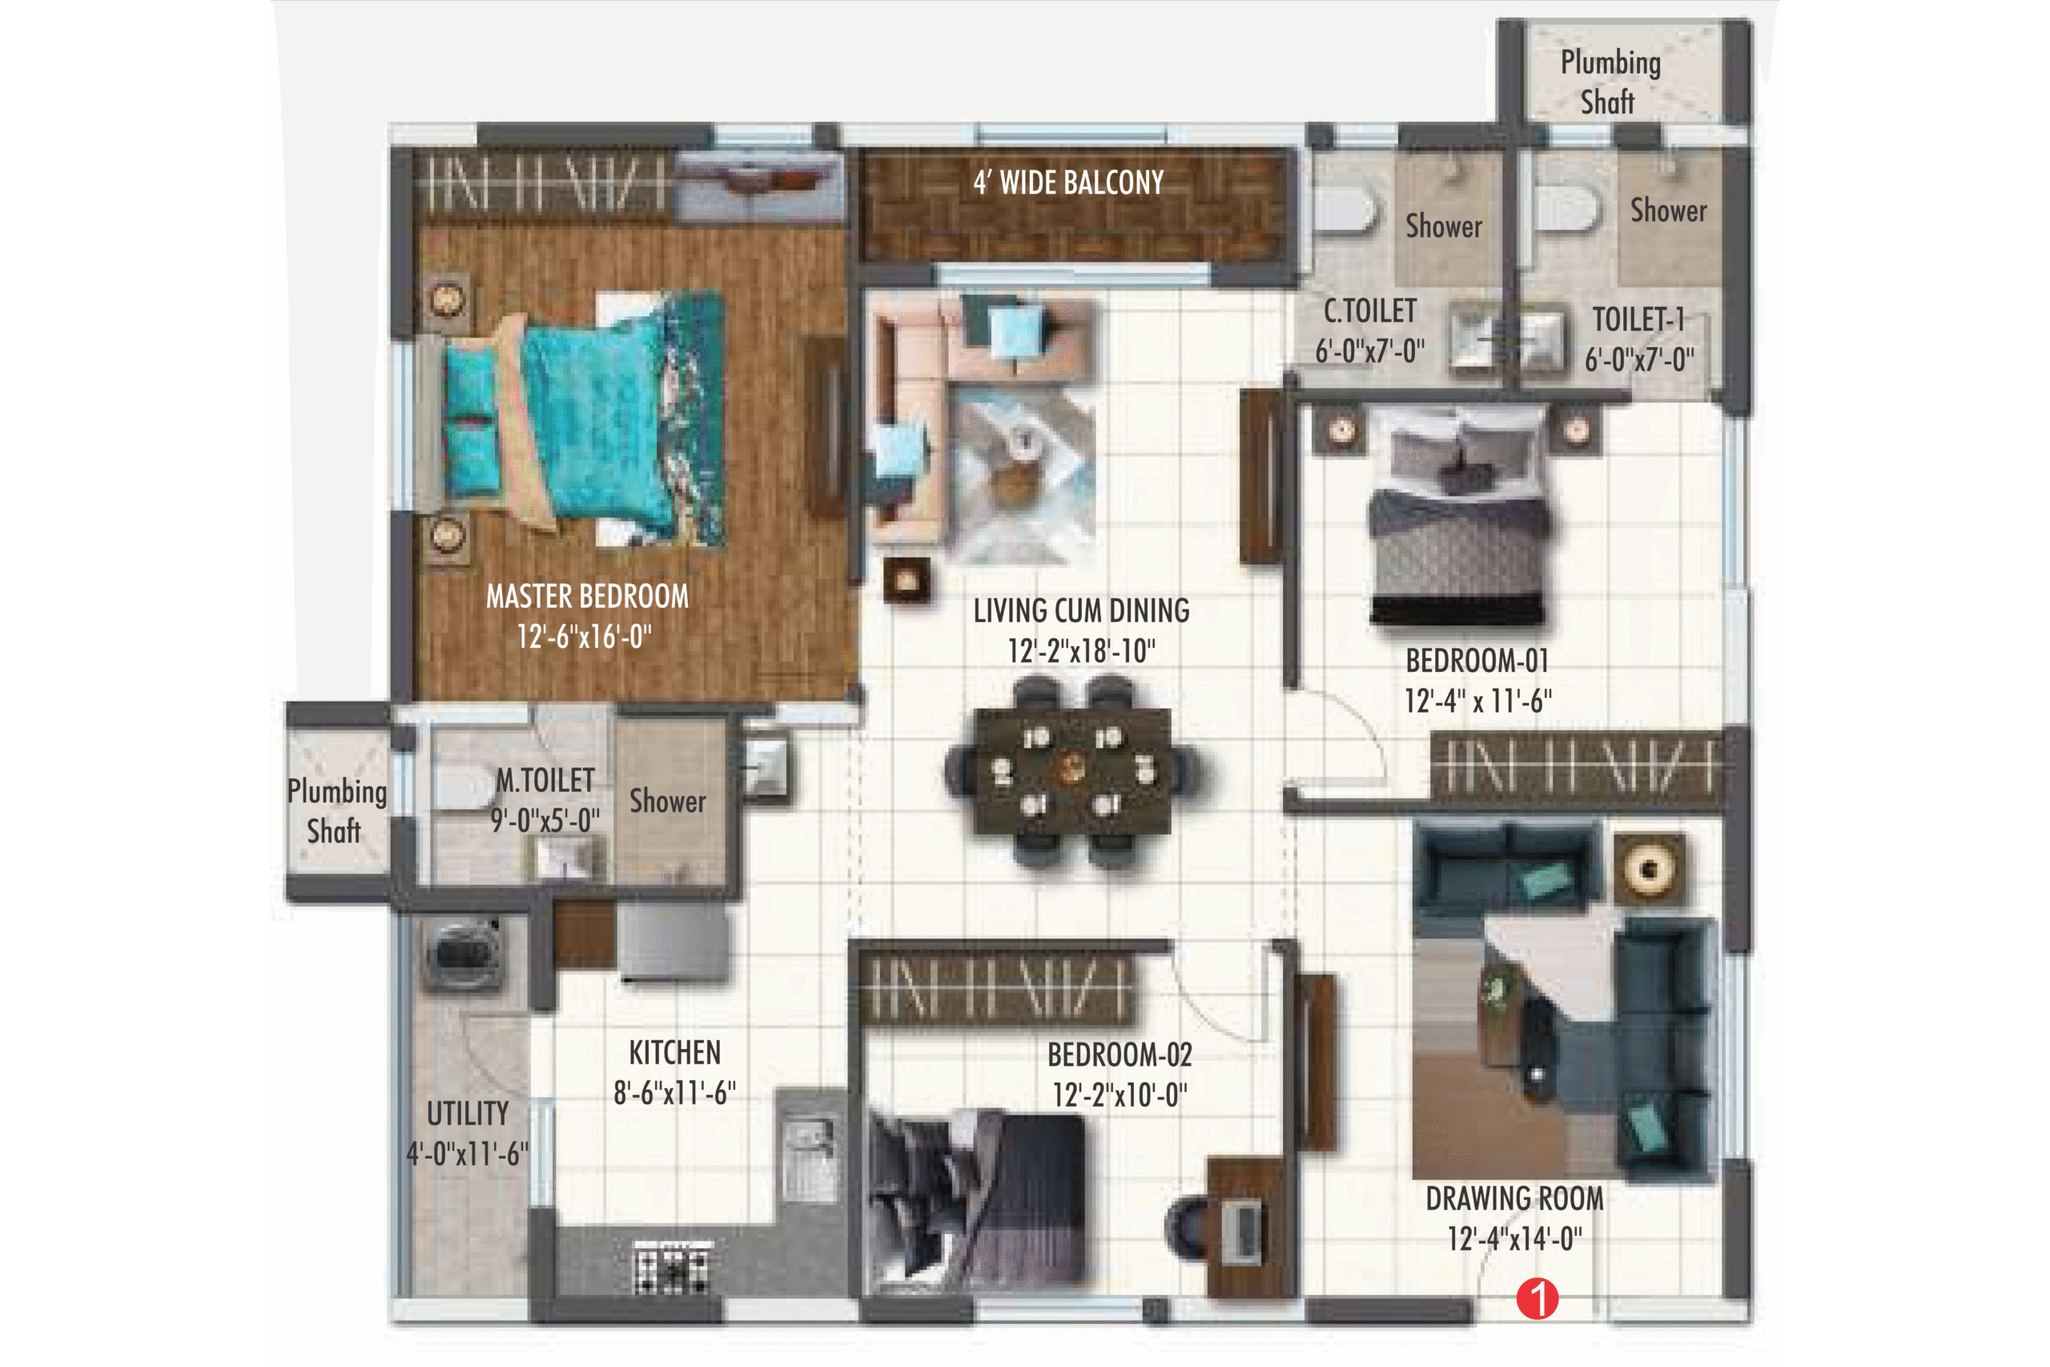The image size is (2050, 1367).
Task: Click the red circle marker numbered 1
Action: tap(1537, 1299)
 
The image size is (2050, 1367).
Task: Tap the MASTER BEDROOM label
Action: tap(587, 597)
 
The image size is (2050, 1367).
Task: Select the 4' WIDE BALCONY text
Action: tap(1067, 183)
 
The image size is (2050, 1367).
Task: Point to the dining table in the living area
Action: tap(1071, 771)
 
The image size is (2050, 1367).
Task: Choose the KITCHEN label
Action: tap(674, 1052)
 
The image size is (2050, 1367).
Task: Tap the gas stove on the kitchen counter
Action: tap(672, 1265)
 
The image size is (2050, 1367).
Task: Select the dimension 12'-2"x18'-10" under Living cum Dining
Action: tap(1081, 650)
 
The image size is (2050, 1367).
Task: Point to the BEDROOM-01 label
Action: tap(1477, 661)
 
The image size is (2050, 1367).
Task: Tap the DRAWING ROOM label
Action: tap(1514, 1199)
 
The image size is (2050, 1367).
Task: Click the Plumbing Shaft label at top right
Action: tap(1609, 82)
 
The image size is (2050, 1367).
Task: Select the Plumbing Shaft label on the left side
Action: tap(336, 810)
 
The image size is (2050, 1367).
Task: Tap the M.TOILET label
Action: tap(545, 780)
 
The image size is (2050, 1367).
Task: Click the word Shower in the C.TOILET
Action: tap(1443, 227)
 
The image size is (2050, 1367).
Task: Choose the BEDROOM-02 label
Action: tap(1119, 1055)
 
